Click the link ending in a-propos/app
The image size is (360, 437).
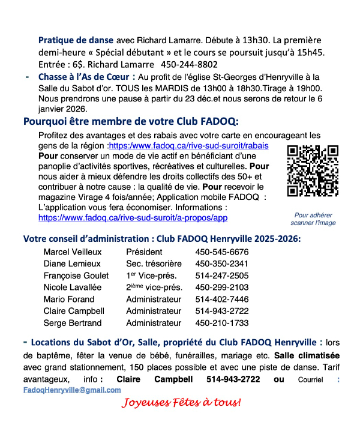(133, 217)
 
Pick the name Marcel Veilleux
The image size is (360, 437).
(73, 252)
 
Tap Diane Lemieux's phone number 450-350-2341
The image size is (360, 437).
(221, 264)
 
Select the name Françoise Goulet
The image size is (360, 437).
(76, 276)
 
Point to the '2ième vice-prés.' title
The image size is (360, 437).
(154, 287)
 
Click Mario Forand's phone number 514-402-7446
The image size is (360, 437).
(221, 299)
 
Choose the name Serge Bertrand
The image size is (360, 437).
(72, 323)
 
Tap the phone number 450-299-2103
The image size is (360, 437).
(221, 287)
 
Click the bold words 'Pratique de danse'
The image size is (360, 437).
(76, 40)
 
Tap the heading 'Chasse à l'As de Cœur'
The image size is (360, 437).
(83, 76)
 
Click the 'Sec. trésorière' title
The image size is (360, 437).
(154, 264)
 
